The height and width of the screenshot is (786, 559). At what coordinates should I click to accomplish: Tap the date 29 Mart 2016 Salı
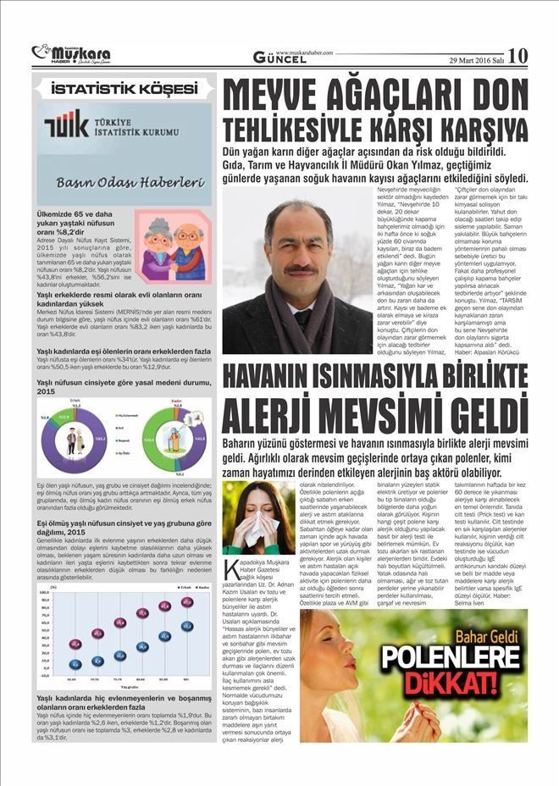point(474,58)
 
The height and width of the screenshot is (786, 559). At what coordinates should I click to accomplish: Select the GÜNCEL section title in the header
point(279,58)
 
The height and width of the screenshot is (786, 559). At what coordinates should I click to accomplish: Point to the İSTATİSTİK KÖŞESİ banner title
point(124,89)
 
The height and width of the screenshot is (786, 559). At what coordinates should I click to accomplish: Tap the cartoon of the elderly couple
point(170,251)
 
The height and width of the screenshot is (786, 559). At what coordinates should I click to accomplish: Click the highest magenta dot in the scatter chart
point(187,601)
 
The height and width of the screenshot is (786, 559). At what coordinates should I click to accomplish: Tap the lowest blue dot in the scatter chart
point(75,664)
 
